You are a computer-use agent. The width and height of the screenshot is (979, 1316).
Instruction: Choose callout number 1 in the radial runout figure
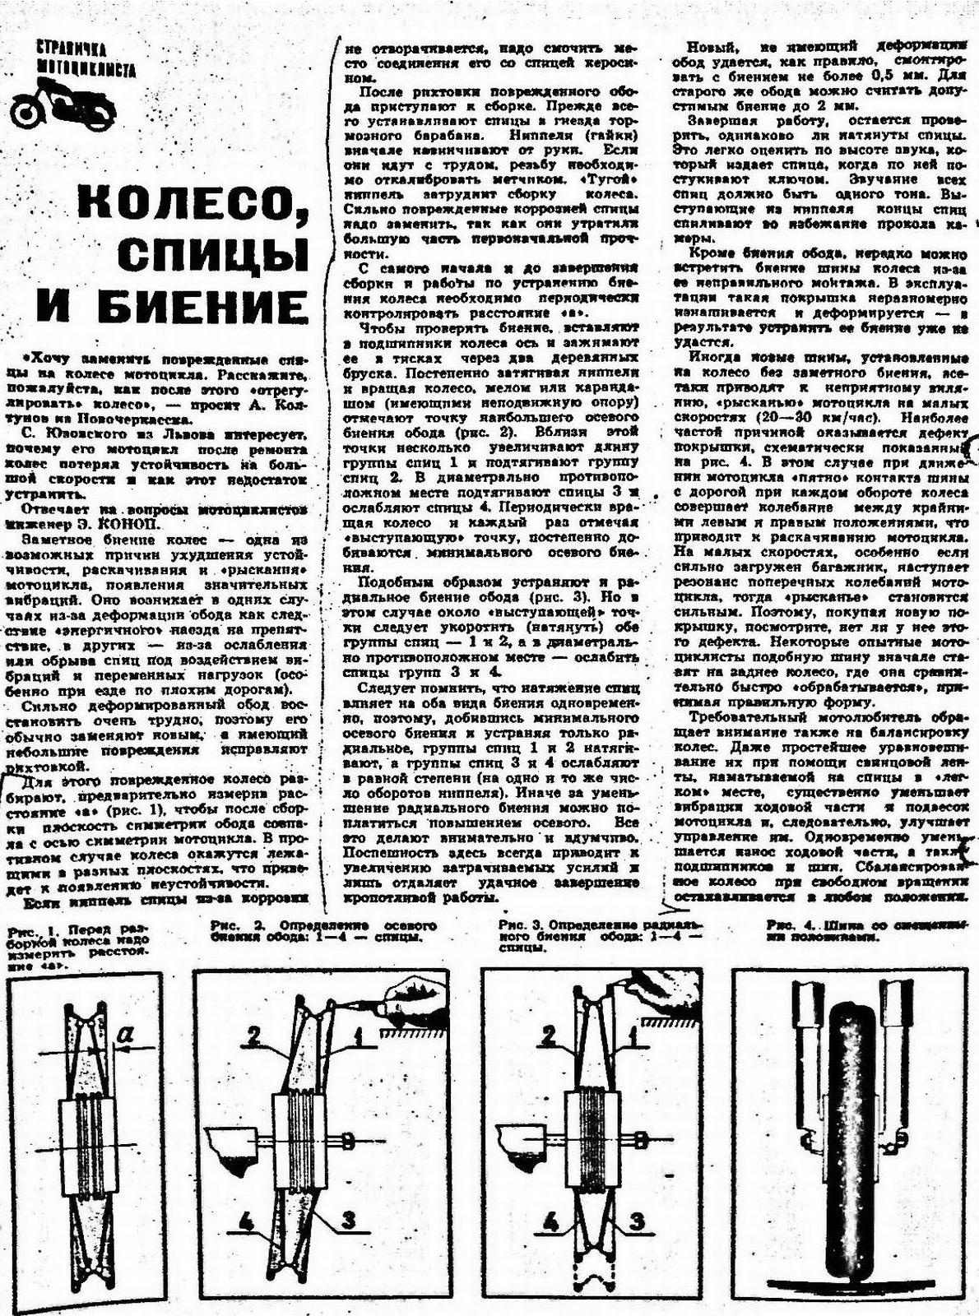pyautogui.click(x=633, y=1034)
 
